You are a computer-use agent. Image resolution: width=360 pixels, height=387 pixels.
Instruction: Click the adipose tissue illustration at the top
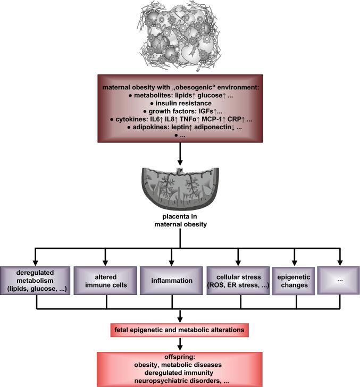[x=180, y=36]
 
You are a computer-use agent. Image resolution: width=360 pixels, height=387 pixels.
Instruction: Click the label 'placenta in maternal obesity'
[x=180, y=222]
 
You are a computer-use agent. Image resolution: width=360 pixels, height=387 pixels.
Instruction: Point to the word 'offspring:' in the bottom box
[x=181, y=357]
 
